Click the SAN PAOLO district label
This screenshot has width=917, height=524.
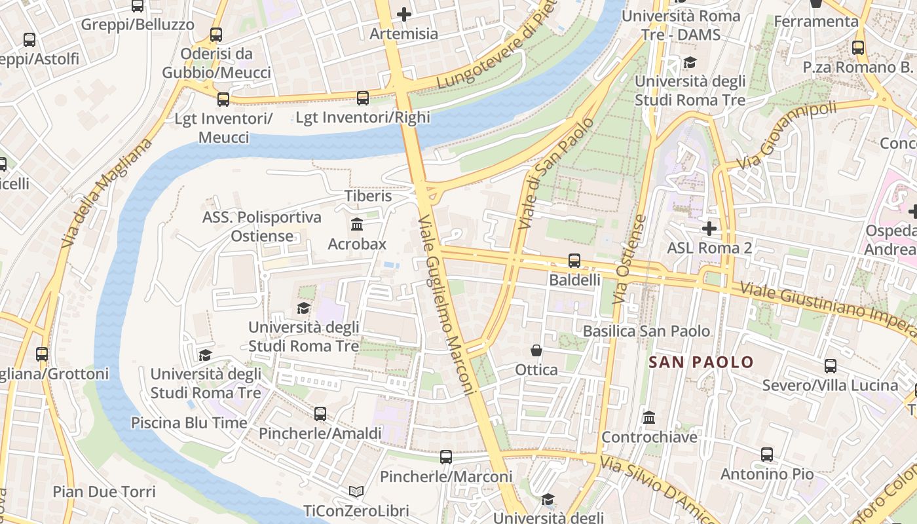(701, 362)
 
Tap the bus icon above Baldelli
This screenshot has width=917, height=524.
(574, 260)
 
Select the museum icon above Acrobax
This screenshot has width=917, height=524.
(357, 225)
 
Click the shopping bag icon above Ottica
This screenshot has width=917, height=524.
(536, 350)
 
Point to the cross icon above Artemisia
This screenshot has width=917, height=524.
(404, 14)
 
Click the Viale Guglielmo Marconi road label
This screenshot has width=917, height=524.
(445, 305)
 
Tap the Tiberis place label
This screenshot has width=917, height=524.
(368, 196)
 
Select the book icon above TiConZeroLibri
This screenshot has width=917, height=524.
(356, 491)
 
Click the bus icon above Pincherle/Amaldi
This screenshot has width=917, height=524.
(320, 414)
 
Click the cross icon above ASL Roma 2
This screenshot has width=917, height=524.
(709, 229)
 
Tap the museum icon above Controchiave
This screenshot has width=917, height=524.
(649, 417)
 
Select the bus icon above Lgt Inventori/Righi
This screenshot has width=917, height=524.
(363, 98)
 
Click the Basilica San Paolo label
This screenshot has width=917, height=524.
(646, 331)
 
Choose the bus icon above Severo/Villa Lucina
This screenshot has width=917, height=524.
(831, 365)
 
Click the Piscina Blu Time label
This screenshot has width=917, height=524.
(189, 422)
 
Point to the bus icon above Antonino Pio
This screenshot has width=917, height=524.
(767, 454)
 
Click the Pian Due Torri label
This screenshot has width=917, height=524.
(104, 492)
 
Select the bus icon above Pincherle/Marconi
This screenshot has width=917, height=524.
(446, 457)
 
